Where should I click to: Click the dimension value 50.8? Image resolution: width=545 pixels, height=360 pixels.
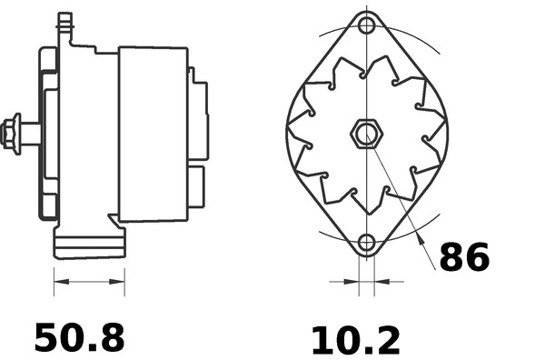79,337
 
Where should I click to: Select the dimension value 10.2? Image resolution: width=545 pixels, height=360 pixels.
355,340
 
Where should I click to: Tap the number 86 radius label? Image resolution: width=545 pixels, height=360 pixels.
464,258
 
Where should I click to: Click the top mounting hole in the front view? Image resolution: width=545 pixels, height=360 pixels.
366,25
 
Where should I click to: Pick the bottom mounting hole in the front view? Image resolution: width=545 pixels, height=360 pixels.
366,243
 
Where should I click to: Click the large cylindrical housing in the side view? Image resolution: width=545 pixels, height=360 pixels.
152,132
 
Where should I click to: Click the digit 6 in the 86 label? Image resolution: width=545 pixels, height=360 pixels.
477,258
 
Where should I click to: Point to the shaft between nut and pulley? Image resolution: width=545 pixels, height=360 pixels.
30,133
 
